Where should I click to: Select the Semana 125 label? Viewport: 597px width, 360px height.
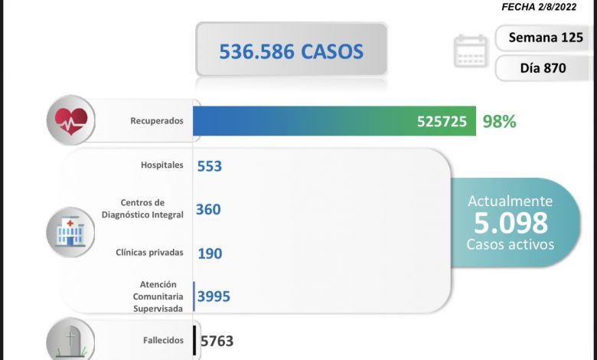542,38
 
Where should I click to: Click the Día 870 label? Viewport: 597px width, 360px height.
542,67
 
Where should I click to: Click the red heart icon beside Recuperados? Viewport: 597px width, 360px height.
70,120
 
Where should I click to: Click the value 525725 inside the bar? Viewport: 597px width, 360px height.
442,121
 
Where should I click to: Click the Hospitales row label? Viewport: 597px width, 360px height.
162,165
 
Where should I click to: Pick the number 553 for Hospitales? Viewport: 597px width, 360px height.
209,165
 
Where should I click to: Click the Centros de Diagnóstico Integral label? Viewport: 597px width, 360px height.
142,208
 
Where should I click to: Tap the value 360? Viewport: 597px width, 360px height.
208,209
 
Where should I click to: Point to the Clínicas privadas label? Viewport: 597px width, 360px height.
149,252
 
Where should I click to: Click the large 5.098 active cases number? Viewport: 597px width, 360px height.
511,222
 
